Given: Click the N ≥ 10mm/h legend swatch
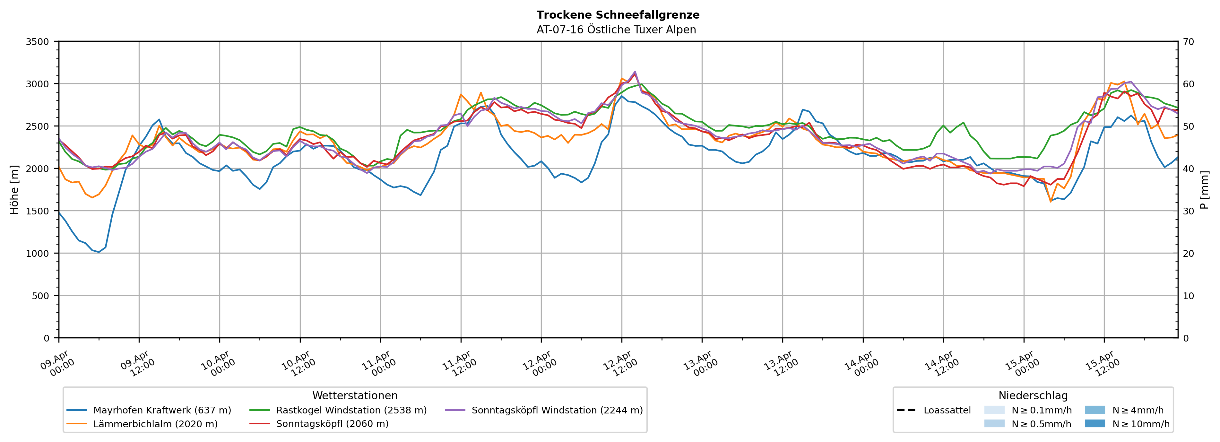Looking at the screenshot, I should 1095,423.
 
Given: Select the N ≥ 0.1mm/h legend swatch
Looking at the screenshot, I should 994,410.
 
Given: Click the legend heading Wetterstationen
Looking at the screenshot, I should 355,395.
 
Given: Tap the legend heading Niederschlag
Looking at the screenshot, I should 1033,395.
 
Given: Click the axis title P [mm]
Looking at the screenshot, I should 1204,189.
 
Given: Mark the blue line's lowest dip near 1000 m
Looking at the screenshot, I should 99,252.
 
